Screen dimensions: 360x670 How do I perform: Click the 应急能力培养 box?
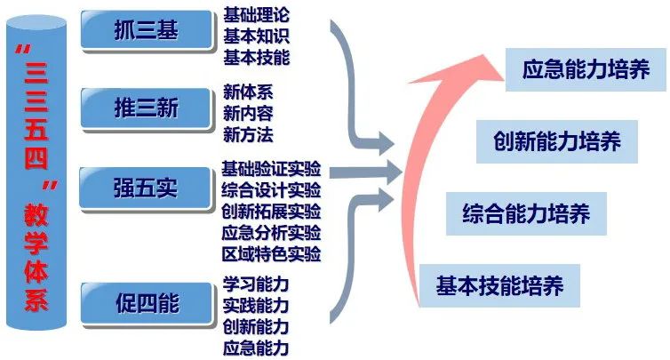[586, 69]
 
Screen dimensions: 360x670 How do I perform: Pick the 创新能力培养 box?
[556, 140]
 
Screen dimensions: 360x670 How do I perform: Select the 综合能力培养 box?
[527, 213]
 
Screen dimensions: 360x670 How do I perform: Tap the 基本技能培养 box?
[499, 286]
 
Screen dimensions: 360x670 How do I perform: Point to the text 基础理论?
[257, 15]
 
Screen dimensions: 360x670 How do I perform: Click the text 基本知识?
[257, 36]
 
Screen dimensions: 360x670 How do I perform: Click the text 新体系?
[248, 92]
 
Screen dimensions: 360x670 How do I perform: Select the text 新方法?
[248, 135]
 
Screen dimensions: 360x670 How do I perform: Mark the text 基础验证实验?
[271, 170]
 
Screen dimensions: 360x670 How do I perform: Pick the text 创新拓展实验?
[271, 212]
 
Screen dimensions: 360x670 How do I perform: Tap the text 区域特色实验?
[271, 254]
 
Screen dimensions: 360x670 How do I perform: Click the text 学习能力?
[256, 285]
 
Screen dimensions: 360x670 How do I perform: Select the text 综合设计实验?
[271, 191]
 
